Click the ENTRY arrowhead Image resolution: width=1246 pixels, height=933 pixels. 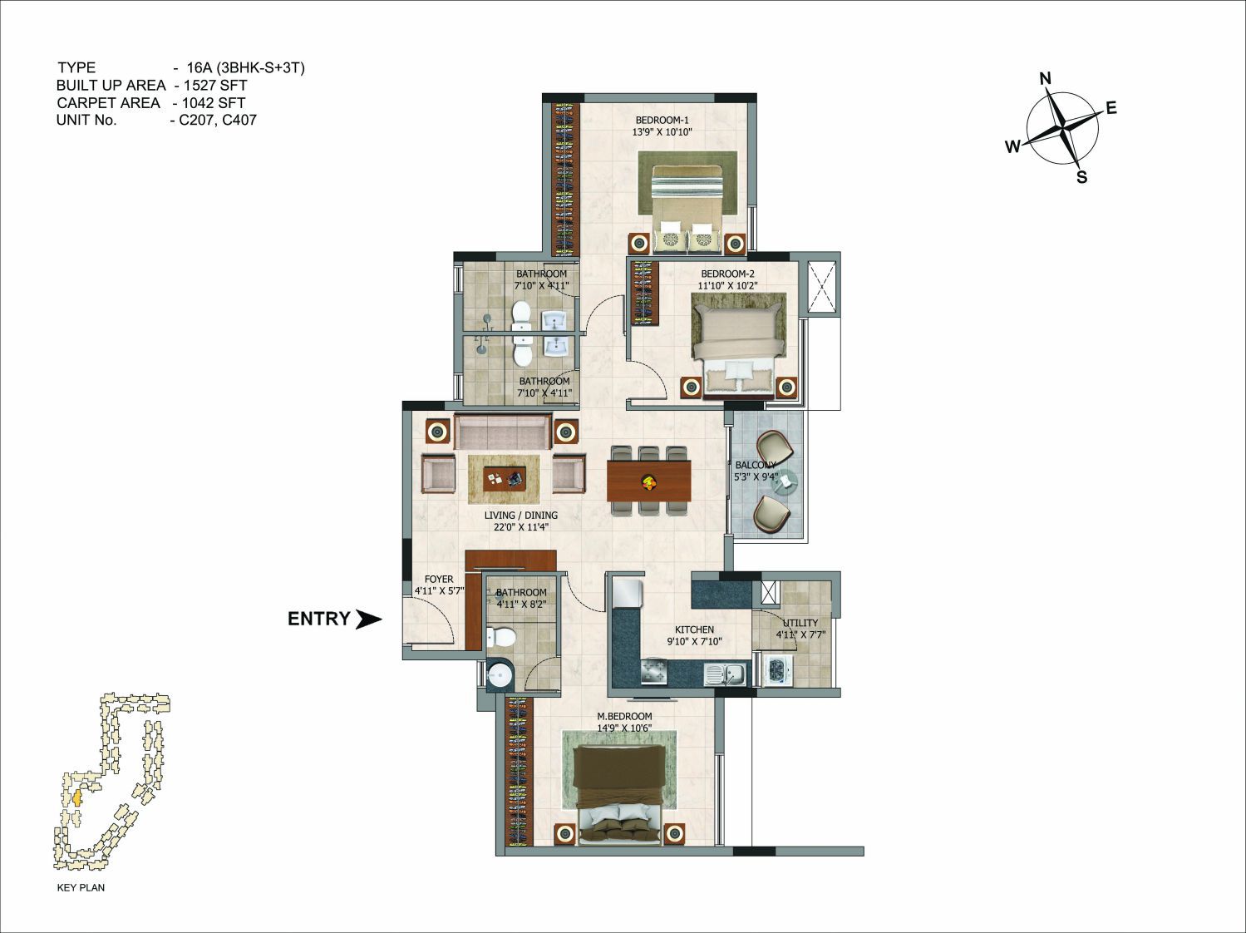[x=369, y=619]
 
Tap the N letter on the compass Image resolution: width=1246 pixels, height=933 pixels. [x=1045, y=79]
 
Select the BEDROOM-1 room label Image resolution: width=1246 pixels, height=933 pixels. [x=662, y=121]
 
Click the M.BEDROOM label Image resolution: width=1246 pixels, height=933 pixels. [x=624, y=716]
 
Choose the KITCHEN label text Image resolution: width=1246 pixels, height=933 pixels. [x=694, y=629]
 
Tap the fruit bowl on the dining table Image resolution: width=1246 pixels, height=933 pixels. [x=648, y=481]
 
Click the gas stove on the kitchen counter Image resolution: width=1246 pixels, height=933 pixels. [x=654, y=674]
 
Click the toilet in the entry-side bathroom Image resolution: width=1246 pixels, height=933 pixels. [x=500, y=637]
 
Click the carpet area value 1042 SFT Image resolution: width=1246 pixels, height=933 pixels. [x=214, y=103]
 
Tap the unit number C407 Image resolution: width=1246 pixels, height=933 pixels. [x=239, y=120]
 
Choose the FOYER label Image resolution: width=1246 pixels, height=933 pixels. [x=439, y=579]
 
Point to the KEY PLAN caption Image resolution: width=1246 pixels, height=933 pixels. [x=81, y=887]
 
